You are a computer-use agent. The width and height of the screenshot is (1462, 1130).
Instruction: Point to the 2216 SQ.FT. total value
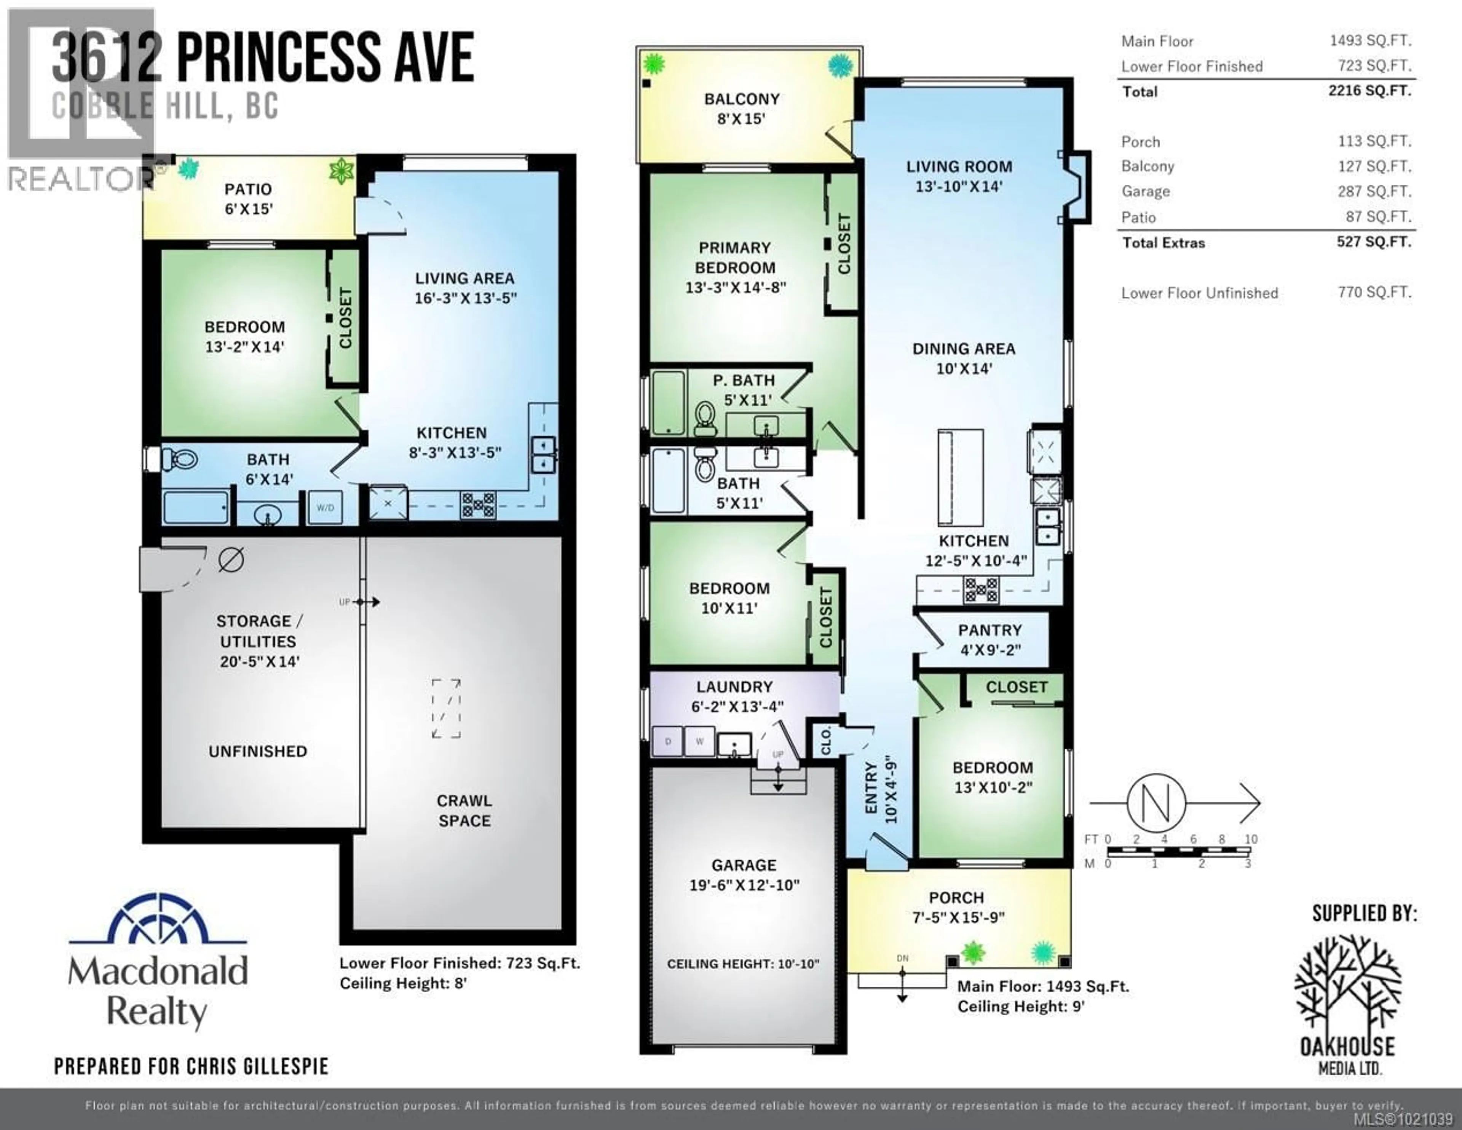point(1369,90)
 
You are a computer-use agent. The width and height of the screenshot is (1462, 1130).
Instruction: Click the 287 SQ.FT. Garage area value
point(1374,191)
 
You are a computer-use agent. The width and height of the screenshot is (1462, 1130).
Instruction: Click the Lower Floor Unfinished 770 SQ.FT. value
point(1374,292)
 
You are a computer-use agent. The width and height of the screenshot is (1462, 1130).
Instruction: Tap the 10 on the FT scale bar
point(1250,839)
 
